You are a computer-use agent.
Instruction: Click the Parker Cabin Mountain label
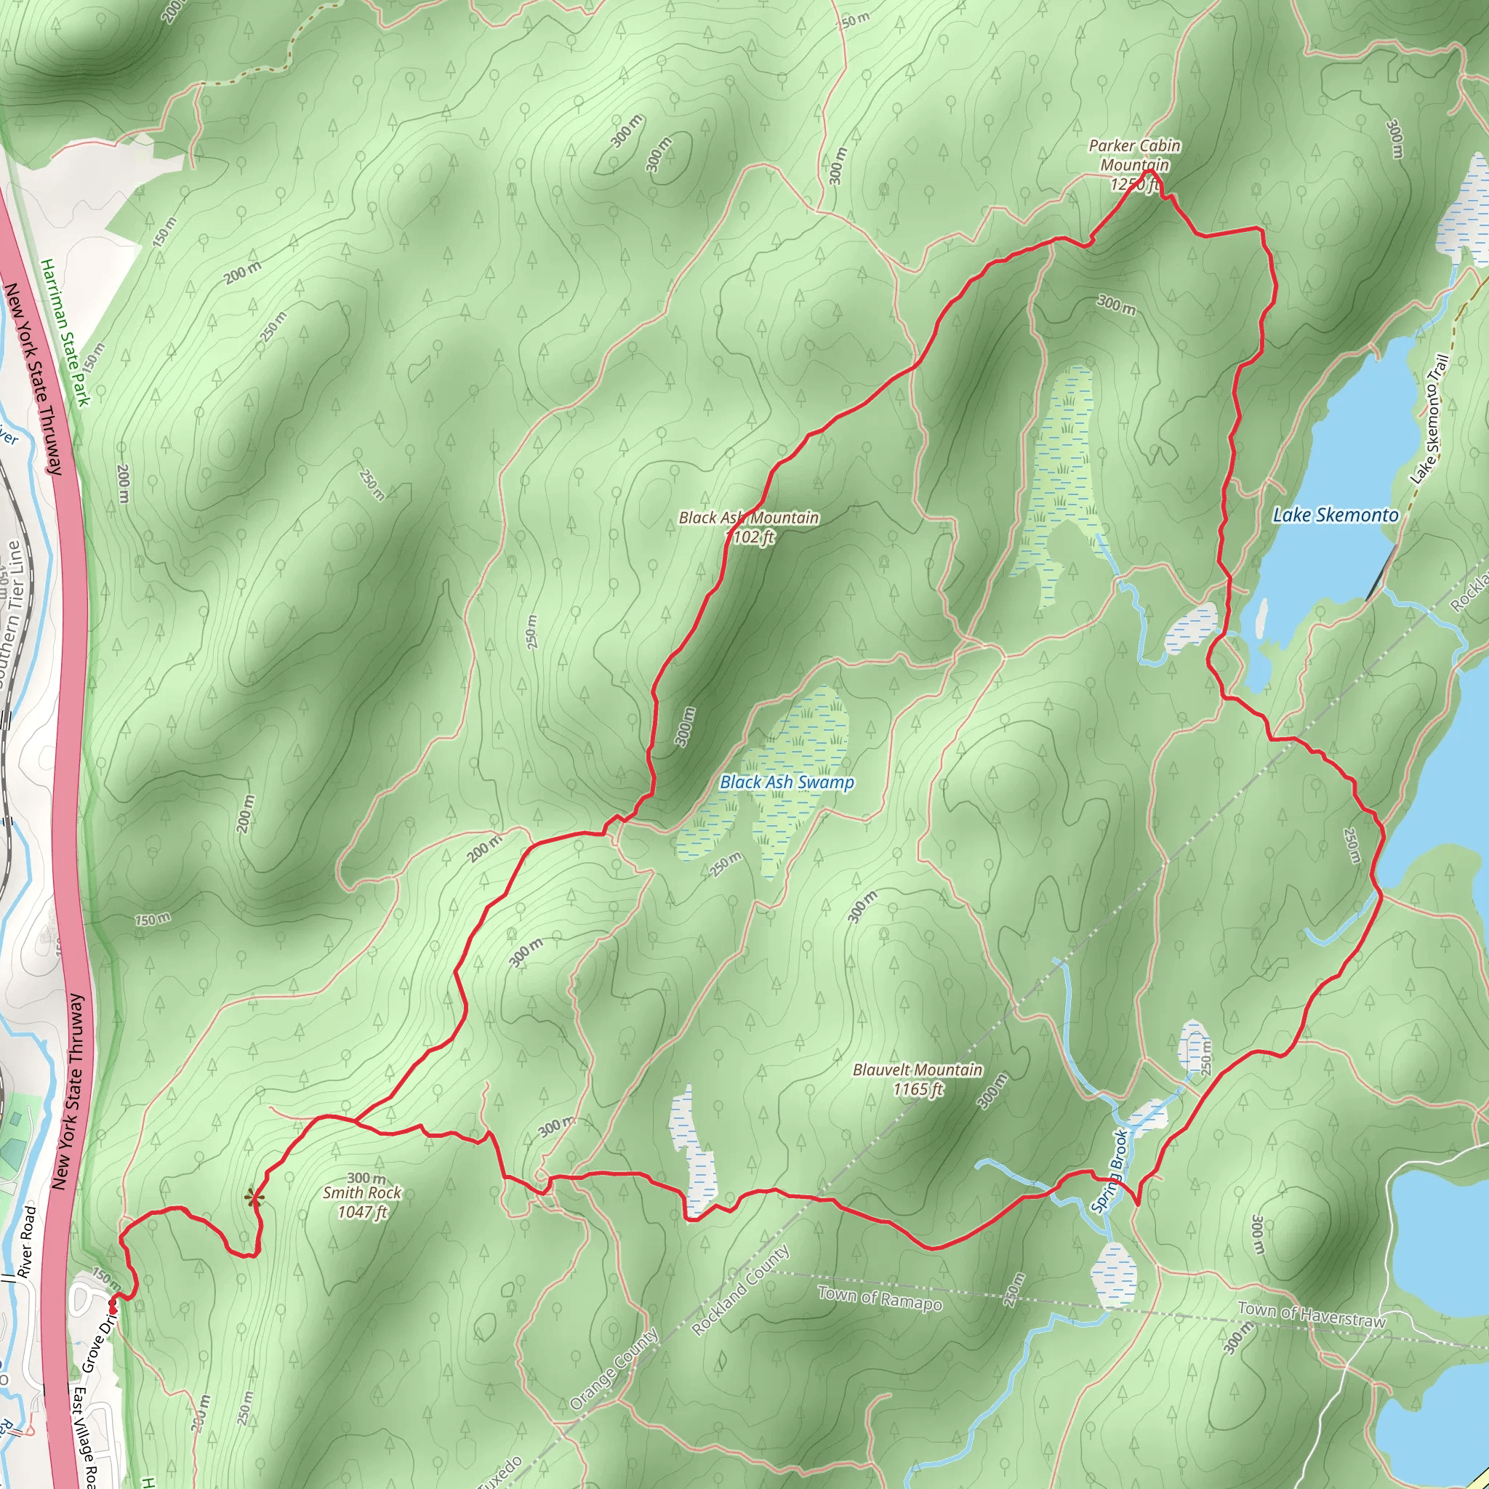1133,155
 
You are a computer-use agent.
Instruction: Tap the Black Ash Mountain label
747,518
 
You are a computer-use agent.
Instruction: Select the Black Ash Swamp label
786,782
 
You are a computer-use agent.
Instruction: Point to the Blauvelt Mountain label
917,1069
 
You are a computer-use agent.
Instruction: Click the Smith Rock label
361,1192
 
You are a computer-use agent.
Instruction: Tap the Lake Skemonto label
1335,515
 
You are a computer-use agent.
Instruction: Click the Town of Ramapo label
880,1298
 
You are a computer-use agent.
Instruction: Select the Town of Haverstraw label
1311,1314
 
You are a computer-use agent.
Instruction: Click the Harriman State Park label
65,332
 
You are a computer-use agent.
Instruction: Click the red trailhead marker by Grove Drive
113,1308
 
